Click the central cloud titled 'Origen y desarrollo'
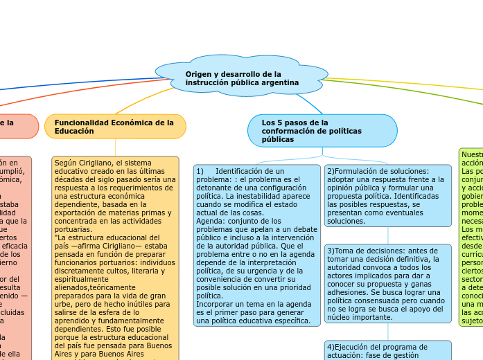tap(242, 78)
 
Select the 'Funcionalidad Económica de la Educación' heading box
tap(115, 126)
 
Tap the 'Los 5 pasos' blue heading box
tap(322, 130)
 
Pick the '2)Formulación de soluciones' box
tap(387, 195)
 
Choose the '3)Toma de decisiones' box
tap(387, 283)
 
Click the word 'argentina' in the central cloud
tap(281, 82)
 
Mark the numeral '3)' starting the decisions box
tap(331, 251)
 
